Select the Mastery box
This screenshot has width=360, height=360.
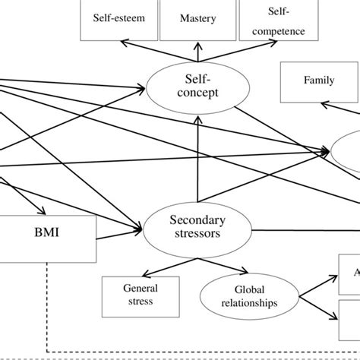point(197,19)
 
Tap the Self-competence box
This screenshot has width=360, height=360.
point(273,21)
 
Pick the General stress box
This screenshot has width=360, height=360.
point(141,295)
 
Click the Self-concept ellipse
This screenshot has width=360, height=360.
point(197,85)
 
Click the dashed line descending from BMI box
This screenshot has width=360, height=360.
point(48,304)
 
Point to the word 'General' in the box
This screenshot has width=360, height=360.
point(141,289)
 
